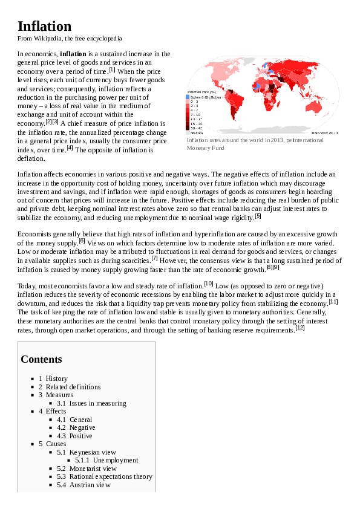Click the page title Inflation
[45, 26]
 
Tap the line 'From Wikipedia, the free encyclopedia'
[70, 39]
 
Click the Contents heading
[41, 359]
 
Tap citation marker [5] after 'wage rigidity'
[258, 215]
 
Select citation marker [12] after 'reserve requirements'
[300, 328]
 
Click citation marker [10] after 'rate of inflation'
[208, 283]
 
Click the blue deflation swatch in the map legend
[188, 97]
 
